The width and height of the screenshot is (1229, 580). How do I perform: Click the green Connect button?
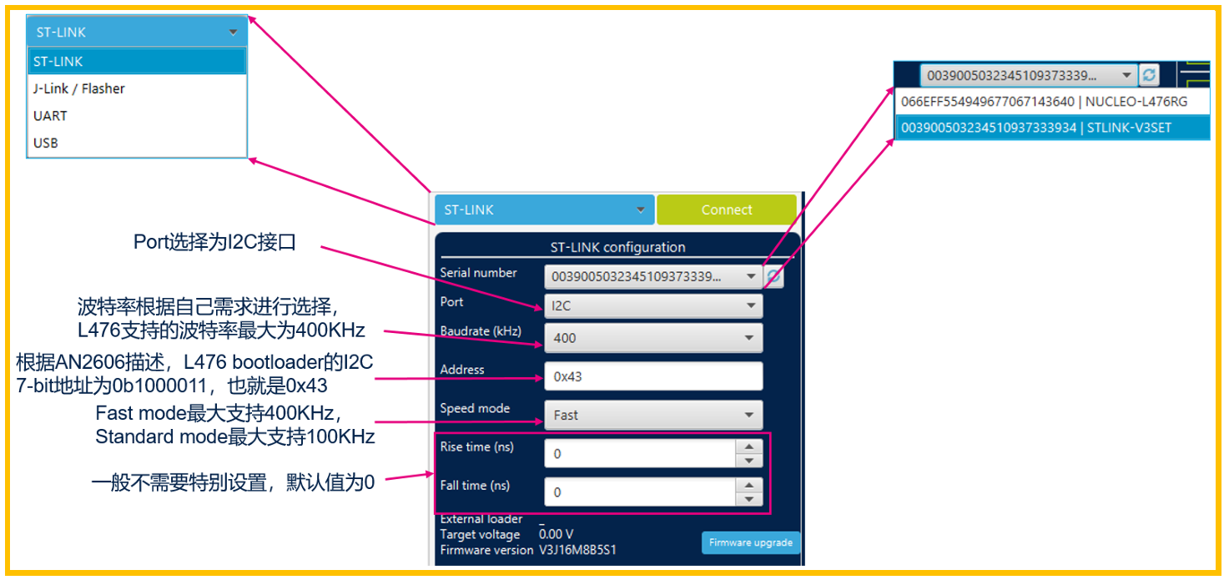pyautogui.click(x=726, y=210)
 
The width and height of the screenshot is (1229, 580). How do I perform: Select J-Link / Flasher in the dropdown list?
pyautogui.click(x=79, y=88)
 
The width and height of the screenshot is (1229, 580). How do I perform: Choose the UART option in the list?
pyautogui.click(x=50, y=116)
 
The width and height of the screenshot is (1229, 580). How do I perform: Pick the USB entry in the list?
pyautogui.click(x=46, y=143)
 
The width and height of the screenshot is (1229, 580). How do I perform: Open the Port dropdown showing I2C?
pyautogui.click(x=652, y=306)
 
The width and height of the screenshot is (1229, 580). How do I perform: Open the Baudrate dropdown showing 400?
pyautogui.click(x=652, y=338)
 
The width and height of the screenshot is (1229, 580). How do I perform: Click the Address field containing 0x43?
pyautogui.click(x=652, y=376)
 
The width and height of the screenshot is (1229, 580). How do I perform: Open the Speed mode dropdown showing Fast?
pyautogui.click(x=652, y=415)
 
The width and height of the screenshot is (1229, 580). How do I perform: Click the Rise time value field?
pyautogui.click(x=639, y=454)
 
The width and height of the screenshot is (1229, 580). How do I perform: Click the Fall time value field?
pyautogui.click(x=639, y=492)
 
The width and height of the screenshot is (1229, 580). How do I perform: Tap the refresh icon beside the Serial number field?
pyautogui.click(x=774, y=277)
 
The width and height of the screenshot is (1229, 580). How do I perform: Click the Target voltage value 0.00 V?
pyautogui.click(x=556, y=534)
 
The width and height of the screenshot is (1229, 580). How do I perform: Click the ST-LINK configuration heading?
pyautogui.click(x=617, y=248)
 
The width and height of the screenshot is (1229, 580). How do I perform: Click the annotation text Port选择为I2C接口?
pyautogui.click(x=215, y=243)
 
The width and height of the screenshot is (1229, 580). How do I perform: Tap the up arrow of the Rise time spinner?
pyautogui.click(x=749, y=447)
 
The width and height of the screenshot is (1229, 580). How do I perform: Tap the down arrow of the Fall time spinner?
pyautogui.click(x=749, y=499)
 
